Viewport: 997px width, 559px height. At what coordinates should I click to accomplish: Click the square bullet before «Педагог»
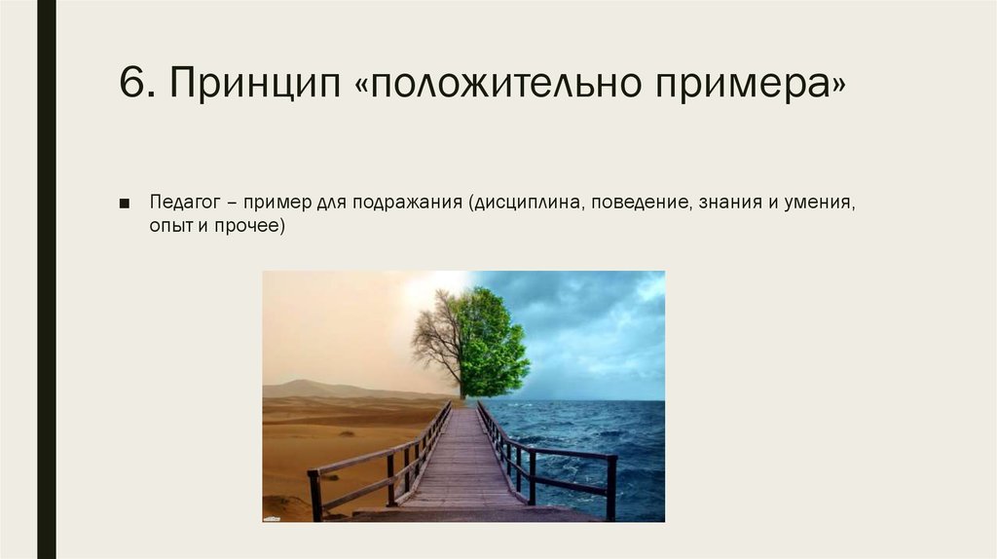tap(125, 203)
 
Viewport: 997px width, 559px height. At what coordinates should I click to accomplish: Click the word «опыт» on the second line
tap(169, 226)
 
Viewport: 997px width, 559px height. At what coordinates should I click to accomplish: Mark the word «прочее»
tap(249, 226)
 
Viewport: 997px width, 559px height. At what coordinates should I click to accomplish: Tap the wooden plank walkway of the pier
tap(463, 467)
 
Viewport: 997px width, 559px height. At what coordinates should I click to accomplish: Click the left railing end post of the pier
tap(314, 496)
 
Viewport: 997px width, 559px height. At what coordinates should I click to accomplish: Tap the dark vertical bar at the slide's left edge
tap(46, 279)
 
